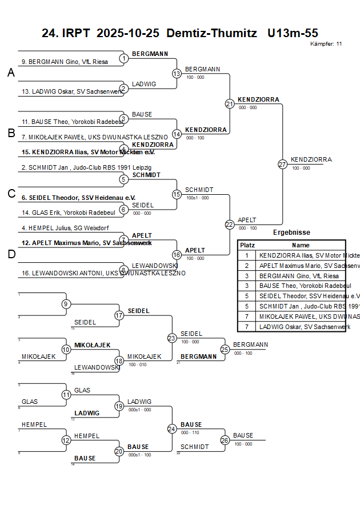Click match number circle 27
282,164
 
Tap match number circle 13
177,73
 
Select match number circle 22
229,225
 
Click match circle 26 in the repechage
225,440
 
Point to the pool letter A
11,73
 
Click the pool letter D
11,254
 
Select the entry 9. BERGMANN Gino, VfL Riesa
65,62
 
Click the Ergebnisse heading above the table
291,233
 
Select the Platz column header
247,245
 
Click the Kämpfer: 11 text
326,43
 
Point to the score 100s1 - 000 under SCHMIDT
197,198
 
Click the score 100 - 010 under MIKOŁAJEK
137,364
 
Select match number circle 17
119,315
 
